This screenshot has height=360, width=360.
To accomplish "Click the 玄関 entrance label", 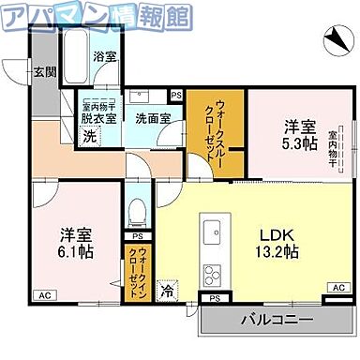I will tap(44, 71).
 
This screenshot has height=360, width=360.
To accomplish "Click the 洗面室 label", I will tap(151, 119).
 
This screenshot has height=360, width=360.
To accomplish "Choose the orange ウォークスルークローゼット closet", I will tap(214, 133).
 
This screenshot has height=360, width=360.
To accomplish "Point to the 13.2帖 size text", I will tap(277, 252).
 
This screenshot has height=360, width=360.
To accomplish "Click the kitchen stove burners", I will tap(212, 277).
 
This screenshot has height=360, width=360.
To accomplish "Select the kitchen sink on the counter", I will tap(211, 229).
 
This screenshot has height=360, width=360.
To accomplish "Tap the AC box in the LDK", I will tap(337, 289).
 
